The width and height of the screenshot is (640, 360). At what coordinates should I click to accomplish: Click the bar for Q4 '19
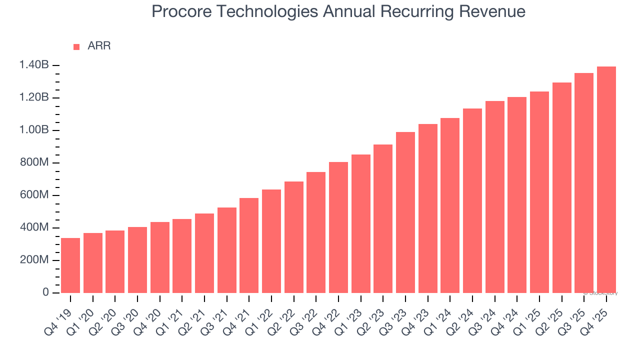tap(70, 265)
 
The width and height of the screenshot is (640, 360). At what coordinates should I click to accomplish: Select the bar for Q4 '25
tap(606, 180)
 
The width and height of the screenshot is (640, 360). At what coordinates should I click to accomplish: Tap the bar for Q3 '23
tap(405, 212)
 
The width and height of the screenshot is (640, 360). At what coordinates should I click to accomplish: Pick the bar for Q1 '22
tap(271, 241)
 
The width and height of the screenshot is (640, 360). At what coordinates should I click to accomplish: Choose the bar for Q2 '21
tap(204, 253)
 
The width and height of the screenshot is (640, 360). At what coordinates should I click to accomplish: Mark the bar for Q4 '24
tap(517, 195)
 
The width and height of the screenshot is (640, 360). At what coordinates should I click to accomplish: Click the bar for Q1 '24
tap(450, 205)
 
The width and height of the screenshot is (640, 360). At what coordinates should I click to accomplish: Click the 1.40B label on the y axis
tap(34, 65)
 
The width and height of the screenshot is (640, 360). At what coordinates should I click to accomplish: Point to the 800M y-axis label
tap(34, 162)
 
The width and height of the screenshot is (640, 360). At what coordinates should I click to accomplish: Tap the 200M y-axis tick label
tap(34, 260)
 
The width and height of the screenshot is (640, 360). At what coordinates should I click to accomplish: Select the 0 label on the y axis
tap(45, 292)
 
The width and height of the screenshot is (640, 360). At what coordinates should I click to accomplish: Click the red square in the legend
tap(76, 47)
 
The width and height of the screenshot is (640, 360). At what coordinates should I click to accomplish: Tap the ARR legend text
tap(99, 46)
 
